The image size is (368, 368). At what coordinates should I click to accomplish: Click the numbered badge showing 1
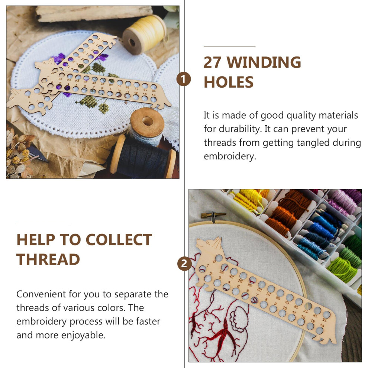pyautogui.click(x=184, y=79)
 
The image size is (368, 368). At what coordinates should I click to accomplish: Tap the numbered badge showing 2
pyautogui.click(x=184, y=264)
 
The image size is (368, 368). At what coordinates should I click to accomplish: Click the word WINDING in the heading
pyautogui.click(x=264, y=62)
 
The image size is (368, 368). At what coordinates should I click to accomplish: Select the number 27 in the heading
pyautogui.click(x=212, y=62)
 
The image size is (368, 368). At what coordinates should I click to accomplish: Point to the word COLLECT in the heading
pyautogui.click(x=119, y=240)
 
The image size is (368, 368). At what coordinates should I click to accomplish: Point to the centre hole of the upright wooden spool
pyautogui.click(x=148, y=121)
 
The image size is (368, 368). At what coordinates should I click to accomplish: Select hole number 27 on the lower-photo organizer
pyautogui.click(x=219, y=258)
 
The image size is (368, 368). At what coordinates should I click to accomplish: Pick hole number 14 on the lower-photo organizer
pyautogui.click(x=319, y=330)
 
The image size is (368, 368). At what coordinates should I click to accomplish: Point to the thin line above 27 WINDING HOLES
pyautogui.click(x=229, y=46)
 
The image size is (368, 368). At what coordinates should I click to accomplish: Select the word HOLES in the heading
pyautogui.click(x=229, y=82)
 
